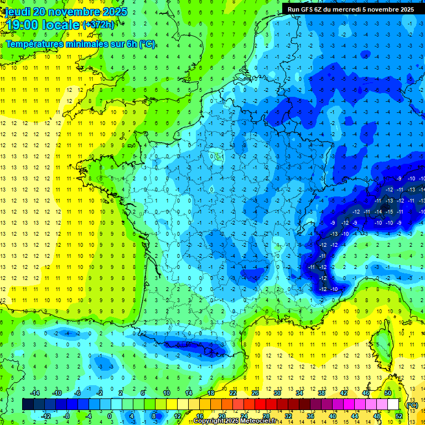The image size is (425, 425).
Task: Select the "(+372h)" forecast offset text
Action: (x=99, y=25)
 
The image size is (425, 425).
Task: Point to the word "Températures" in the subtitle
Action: (x=34, y=44)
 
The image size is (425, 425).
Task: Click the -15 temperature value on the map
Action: (x=390, y=211)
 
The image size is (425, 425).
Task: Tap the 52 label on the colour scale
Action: (x=398, y=416)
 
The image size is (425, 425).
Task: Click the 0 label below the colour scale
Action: (x=110, y=416)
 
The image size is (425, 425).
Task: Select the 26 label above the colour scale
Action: (x=255, y=392)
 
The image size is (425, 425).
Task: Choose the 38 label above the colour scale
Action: (x=321, y=392)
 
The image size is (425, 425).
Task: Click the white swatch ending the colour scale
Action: (x=393, y=404)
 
